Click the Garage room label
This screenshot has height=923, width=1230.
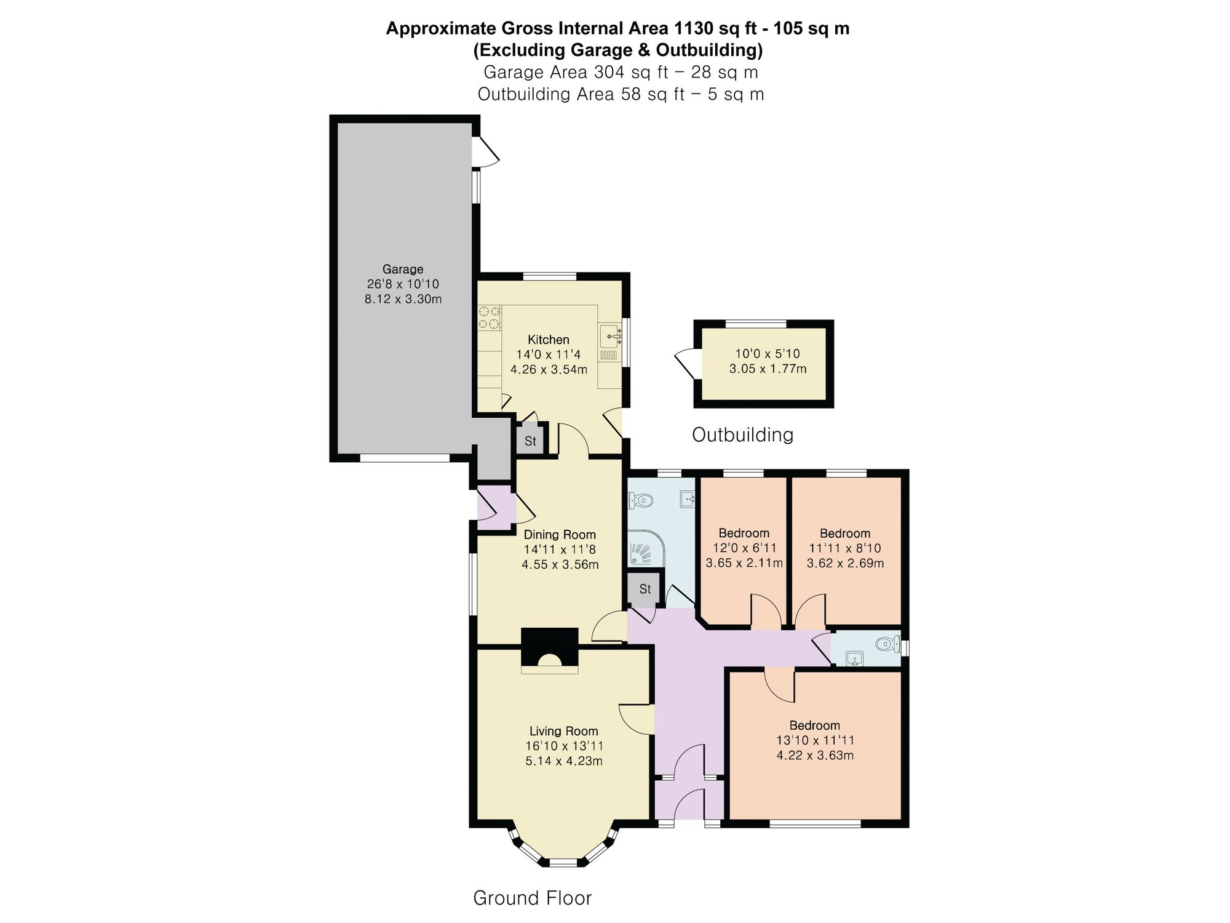click(403, 270)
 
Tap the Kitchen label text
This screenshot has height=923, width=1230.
click(549, 340)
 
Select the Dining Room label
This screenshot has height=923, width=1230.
click(560, 535)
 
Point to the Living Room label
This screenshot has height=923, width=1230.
click(564, 731)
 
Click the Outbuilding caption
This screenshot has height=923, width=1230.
click(743, 435)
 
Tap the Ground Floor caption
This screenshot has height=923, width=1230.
click(533, 898)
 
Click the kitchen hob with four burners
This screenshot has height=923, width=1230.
click(490, 318)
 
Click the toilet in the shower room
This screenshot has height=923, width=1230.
click(640, 500)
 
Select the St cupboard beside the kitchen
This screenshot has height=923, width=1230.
click(530, 441)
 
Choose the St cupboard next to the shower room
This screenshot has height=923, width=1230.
click(645, 589)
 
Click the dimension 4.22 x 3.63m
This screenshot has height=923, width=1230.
click(815, 756)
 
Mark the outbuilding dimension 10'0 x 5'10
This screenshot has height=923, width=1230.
click(768, 354)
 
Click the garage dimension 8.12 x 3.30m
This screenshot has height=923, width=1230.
click(403, 300)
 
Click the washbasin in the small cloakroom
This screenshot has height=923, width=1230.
click(854, 660)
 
